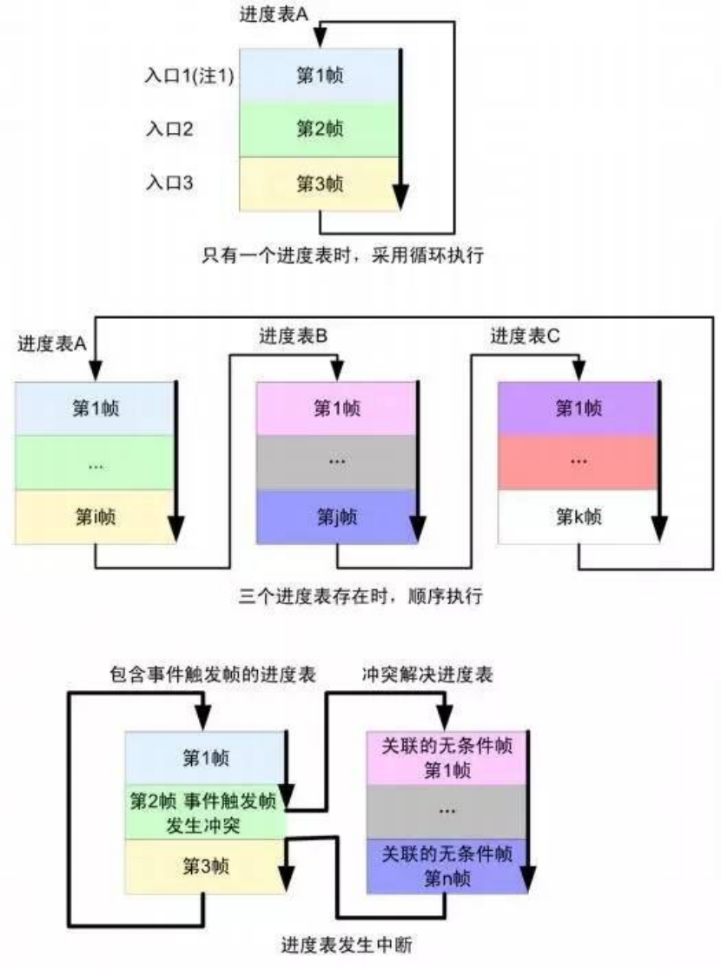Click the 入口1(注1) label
(x=189, y=76)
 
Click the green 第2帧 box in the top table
(x=320, y=130)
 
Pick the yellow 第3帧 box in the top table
(x=320, y=183)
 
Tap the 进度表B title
(x=293, y=336)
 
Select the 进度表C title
(x=526, y=336)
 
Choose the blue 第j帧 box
(x=337, y=518)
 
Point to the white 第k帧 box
(x=578, y=518)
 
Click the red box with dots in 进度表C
(x=578, y=462)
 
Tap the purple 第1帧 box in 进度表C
(x=578, y=408)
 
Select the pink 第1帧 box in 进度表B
(x=337, y=408)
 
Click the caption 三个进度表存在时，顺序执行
(x=360, y=597)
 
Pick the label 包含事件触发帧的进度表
(x=211, y=674)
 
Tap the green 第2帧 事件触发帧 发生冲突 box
(x=206, y=813)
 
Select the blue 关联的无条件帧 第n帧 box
(x=447, y=866)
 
